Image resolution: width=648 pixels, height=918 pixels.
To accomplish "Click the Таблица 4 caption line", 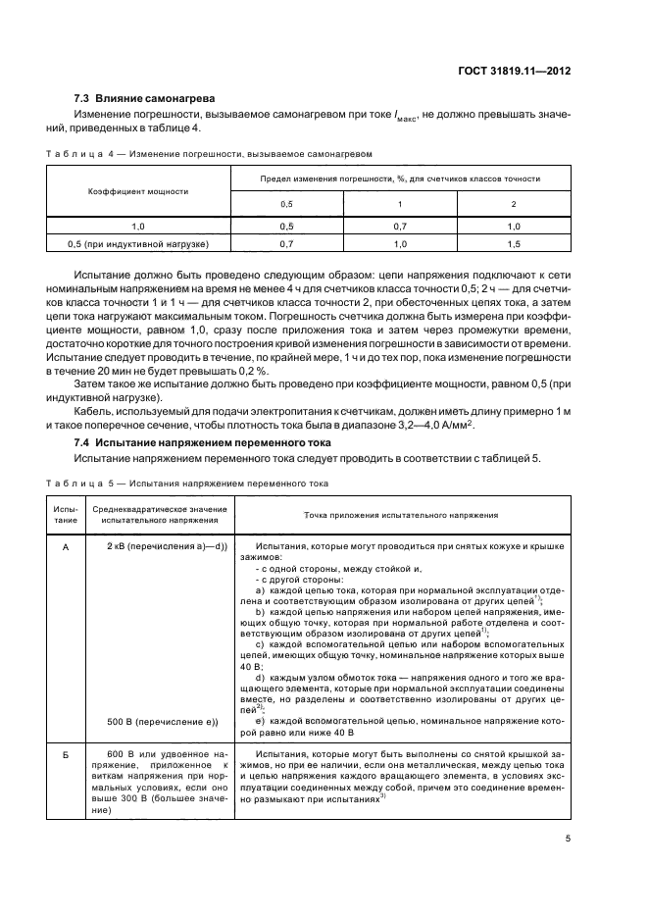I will coord(210,154).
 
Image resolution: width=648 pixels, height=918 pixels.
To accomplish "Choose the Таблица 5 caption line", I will coord(186,484).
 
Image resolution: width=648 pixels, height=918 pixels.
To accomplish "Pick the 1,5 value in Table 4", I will coord(514,242).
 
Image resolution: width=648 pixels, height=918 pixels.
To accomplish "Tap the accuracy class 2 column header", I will coord(514,204).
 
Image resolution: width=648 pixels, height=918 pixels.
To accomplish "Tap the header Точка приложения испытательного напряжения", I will coord(401,514).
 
